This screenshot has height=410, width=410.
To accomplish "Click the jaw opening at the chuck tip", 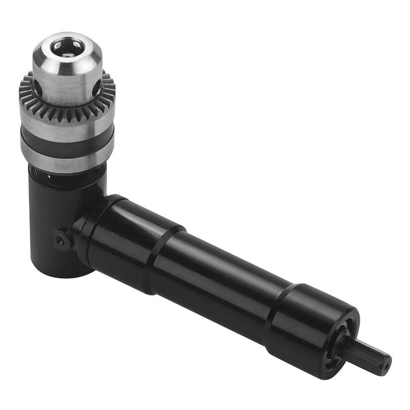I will pyautogui.click(x=66, y=47).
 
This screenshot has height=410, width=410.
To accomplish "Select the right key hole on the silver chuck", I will pyautogui.click(x=96, y=88).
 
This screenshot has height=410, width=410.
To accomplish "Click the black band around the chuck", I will pyautogui.click(x=67, y=144).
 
